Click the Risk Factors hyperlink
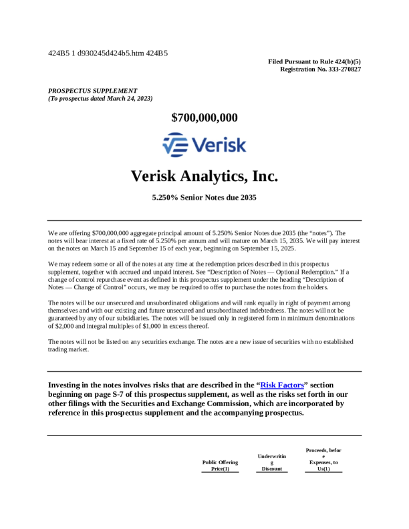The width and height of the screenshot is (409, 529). point(283,385)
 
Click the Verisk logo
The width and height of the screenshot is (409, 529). point(204,144)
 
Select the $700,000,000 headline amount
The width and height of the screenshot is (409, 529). point(204,118)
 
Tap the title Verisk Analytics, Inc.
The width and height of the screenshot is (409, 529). point(204,176)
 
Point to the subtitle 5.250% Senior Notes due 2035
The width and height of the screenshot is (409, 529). point(204,198)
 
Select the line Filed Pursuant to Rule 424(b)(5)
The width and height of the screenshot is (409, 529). point(314,61)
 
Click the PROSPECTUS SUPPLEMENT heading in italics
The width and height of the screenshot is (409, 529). point(93,91)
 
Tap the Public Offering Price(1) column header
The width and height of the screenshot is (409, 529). point(220,466)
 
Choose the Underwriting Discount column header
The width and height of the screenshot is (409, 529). point(272,462)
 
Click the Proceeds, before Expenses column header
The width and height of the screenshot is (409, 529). point(323,460)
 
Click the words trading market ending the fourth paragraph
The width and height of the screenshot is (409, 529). point(68,349)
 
